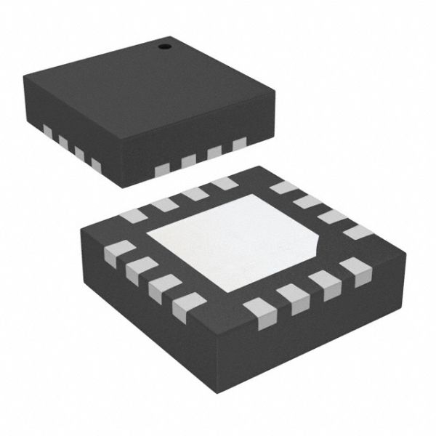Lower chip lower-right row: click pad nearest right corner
click(355, 270)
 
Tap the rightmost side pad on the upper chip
click(240, 145)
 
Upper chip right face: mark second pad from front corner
click(189, 160)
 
